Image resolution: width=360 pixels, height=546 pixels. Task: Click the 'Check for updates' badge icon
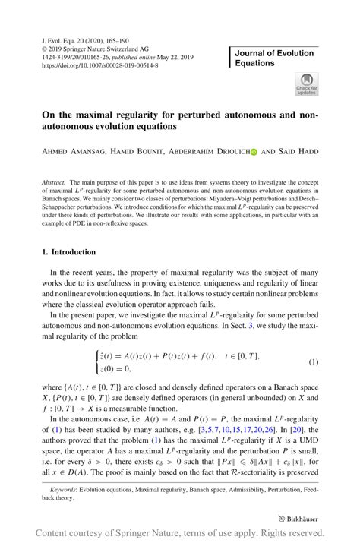tap(308, 84)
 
